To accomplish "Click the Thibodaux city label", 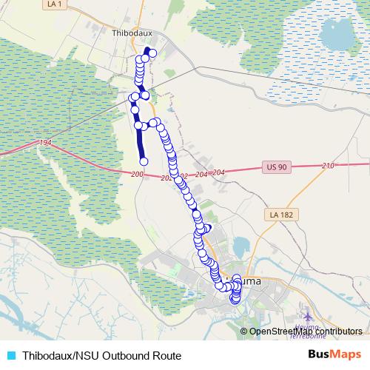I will (x=131, y=33).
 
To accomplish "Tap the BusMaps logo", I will (x=334, y=355).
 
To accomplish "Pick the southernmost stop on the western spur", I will (x=144, y=161).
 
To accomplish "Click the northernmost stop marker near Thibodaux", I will (x=147, y=51).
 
